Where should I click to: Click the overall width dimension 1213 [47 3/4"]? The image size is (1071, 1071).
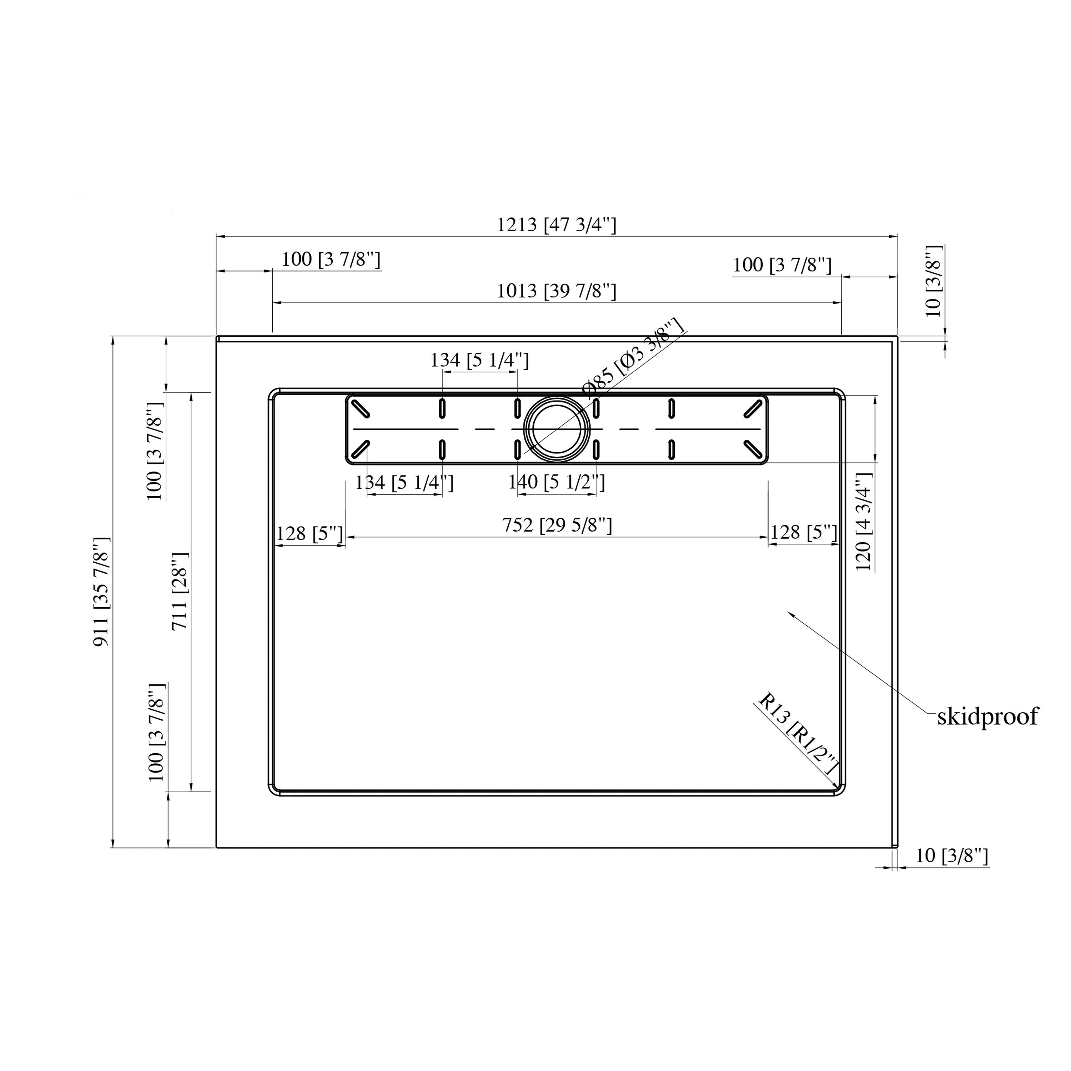[556, 225]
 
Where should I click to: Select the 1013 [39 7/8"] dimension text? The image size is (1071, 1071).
[556, 291]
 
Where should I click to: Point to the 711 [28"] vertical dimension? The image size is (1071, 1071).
[180, 592]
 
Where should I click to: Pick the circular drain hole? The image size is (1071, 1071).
[557, 428]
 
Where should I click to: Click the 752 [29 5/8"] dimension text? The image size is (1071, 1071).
[557, 525]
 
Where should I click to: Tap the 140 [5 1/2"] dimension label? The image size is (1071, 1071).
[557, 482]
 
